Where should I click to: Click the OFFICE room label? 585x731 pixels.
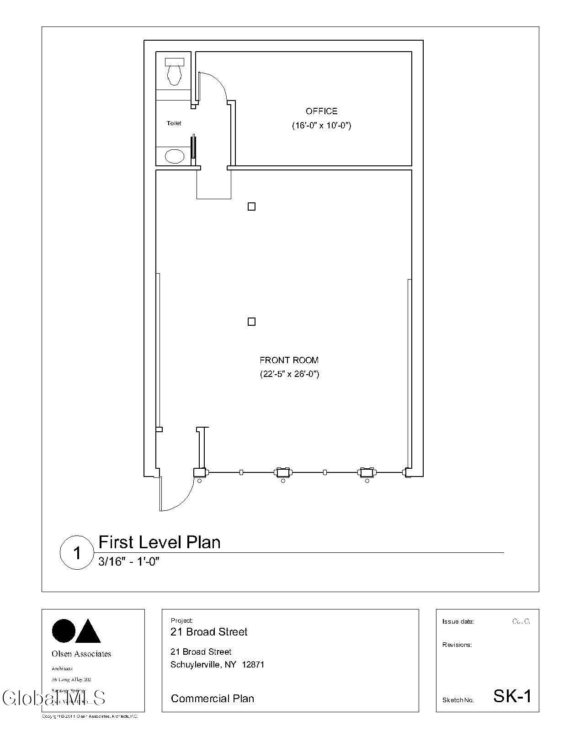tap(321, 111)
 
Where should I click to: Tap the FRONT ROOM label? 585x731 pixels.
tap(289, 360)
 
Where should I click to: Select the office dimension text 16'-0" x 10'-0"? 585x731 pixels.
tap(321, 126)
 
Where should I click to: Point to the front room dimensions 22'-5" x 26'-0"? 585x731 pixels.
tap(289, 374)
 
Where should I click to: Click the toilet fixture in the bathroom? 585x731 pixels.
tap(174, 71)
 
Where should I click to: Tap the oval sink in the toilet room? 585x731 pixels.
tap(174, 157)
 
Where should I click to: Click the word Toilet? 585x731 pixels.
tap(174, 123)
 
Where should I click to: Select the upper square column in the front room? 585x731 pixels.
tap(251, 207)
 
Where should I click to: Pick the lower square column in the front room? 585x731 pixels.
tap(251, 322)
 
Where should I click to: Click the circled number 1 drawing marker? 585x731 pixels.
tap(77, 553)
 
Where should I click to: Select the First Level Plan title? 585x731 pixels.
tap(160, 542)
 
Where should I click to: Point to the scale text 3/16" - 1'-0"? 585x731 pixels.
tap(128, 561)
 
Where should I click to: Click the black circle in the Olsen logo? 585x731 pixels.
tap(64, 631)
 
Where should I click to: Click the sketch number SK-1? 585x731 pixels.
tap(512, 696)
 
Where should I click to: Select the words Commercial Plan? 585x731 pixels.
tap(212, 699)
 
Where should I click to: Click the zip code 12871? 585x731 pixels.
tap(253, 665)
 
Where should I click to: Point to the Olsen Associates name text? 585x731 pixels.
tap(81, 654)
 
